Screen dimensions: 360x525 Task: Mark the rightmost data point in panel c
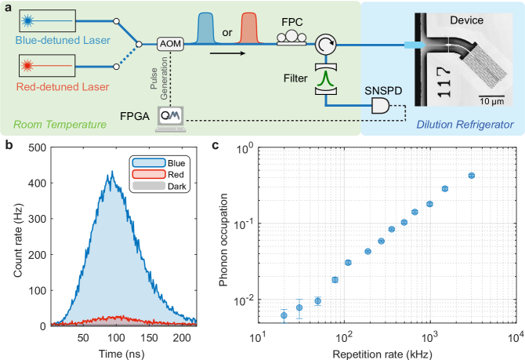point(472,176)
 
